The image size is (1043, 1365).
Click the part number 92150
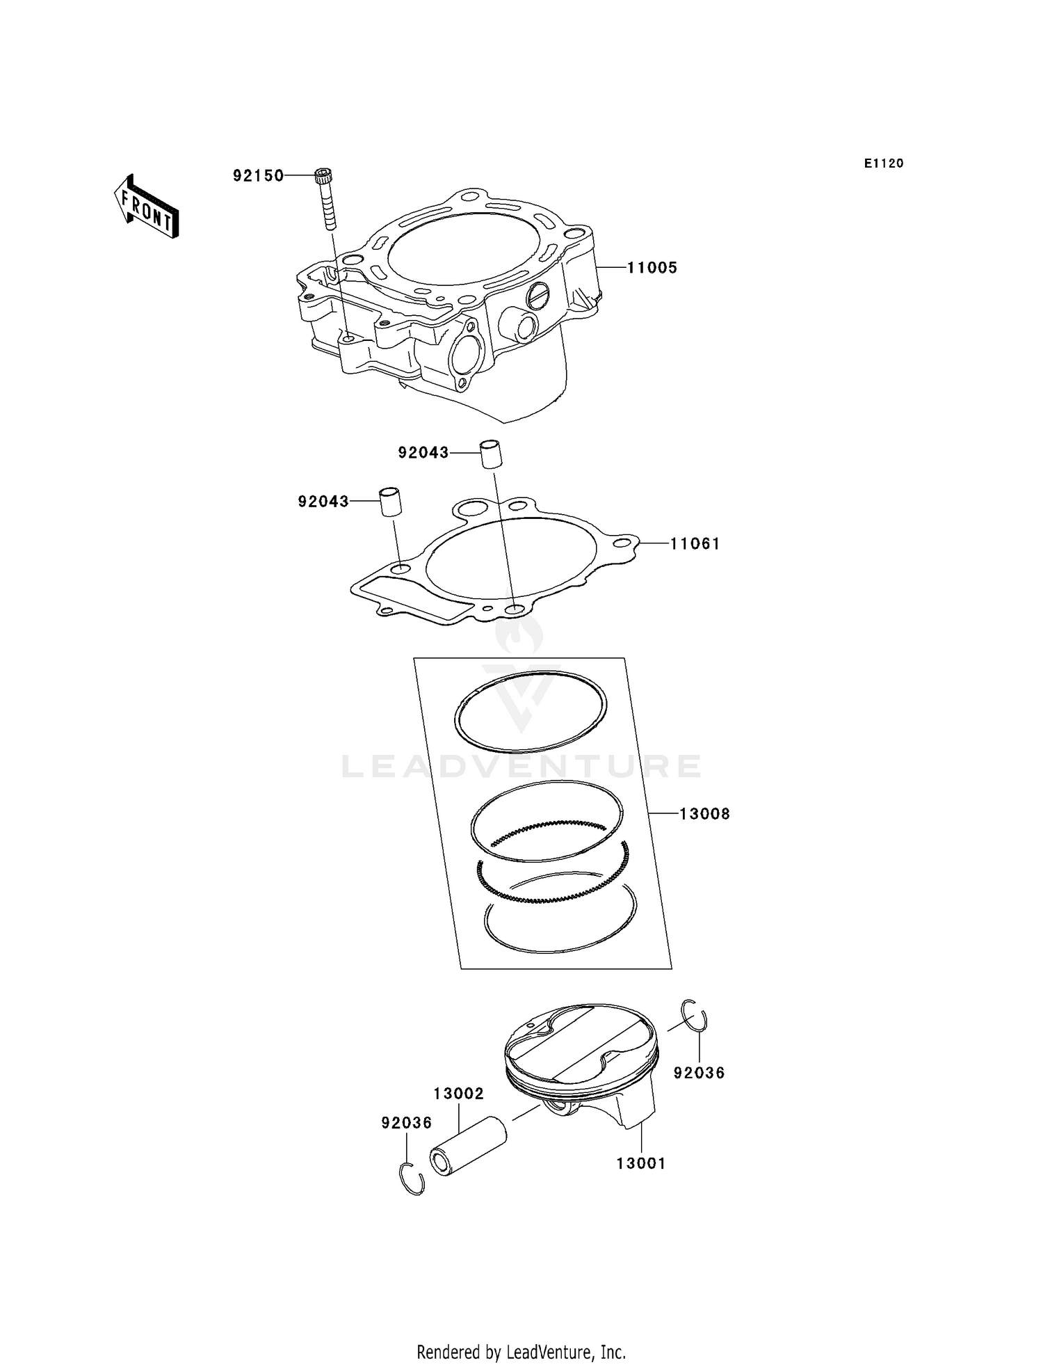[258, 175]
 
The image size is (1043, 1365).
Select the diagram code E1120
[884, 163]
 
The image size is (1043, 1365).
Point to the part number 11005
[652, 268]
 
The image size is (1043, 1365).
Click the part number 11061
[695, 543]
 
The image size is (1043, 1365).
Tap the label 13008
[704, 813]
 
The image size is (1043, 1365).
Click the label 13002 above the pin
[458, 1094]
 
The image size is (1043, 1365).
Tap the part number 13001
[641, 1163]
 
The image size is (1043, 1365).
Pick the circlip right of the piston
[694, 1015]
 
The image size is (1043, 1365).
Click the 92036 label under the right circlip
[699, 1073]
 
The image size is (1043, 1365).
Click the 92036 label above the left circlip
[406, 1123]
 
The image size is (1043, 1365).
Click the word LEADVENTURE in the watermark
[521, 767]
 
